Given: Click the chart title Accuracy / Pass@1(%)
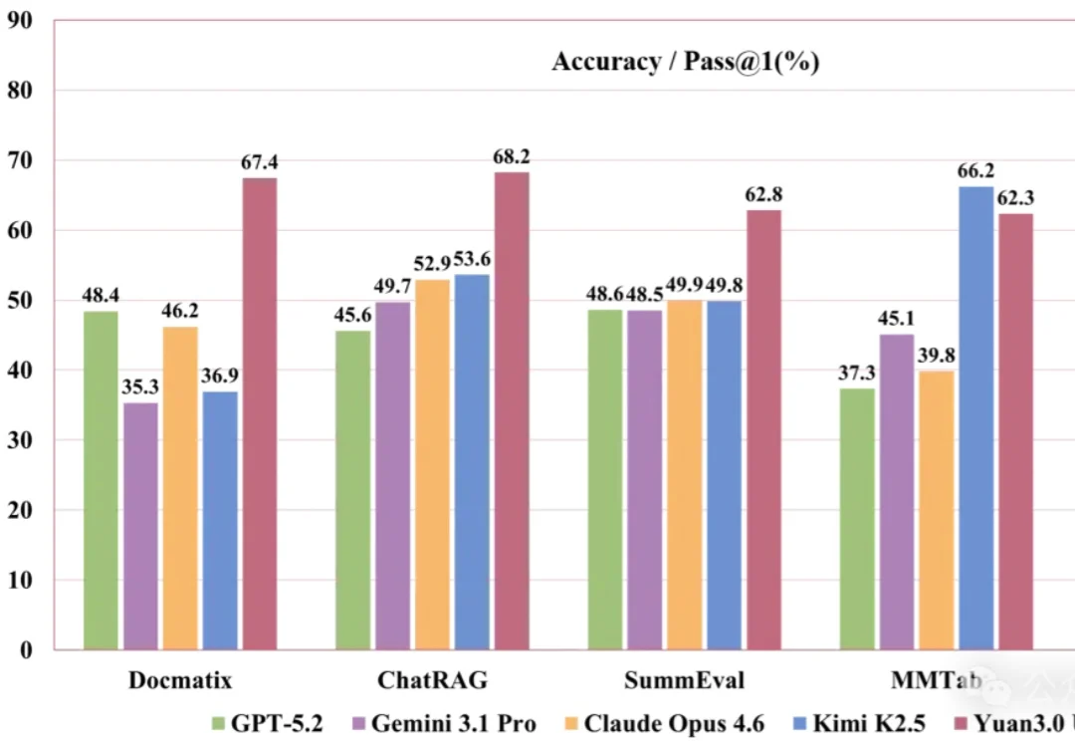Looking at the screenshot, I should pyautogui.click(x=685, y=62).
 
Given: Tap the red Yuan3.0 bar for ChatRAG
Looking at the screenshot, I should pyautogui.click(x=512, y=410).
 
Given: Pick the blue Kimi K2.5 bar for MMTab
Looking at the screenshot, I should pyautogui.click(x=976, y=418).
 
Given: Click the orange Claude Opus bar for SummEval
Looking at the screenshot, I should pyautogui.click(x=684, y=474).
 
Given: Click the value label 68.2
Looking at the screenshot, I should pyautogui.click(x=512, y=156).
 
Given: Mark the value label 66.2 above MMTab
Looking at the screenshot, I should pyautogui.click(x=975, y=171).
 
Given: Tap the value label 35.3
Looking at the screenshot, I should pyautogui.click(x=140, y=387).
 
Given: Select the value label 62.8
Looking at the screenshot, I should pyautogui.click(x=763, y=194).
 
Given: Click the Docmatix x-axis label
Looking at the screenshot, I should pyautogui.click(x=180, y=681).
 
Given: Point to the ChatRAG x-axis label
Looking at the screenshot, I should pyautogui.click(x=432, y=681).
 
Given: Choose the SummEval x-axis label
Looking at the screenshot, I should pyautogui.click(x=685, y=681).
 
